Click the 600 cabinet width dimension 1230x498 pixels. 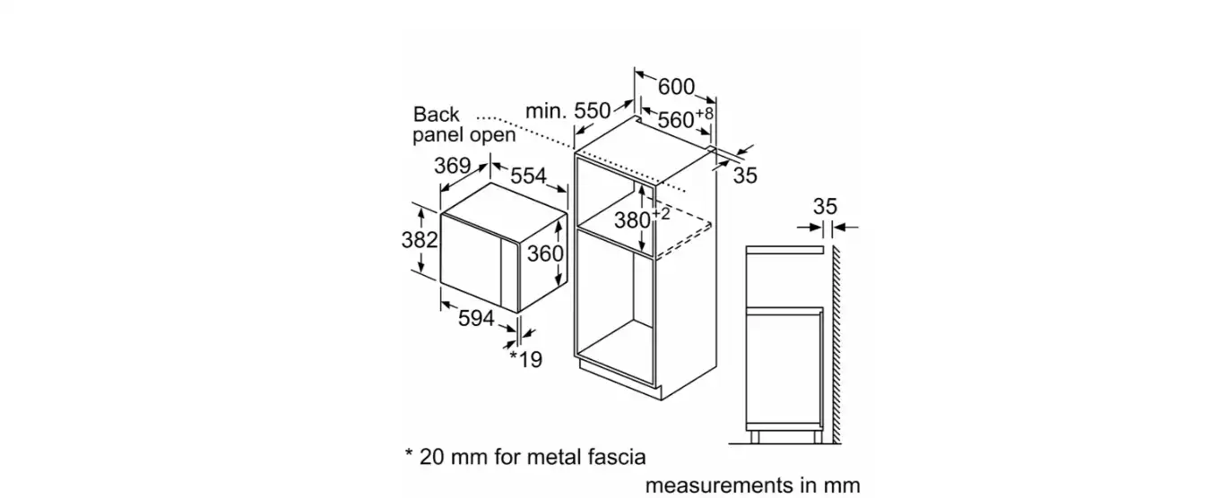tap(676, 87)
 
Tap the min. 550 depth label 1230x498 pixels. tap(567, 111)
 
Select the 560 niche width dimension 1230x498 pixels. tap(676, 119)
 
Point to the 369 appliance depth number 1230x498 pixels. tap(453, 165)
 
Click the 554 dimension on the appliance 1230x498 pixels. tap(528, 176)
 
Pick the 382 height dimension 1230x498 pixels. tap(420, 240)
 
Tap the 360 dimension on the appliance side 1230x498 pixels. tap(545, 253)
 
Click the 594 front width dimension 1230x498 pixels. tap(476, 318)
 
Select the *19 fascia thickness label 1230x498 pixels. tap(526, 359)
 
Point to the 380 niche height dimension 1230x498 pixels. tap(633, 220)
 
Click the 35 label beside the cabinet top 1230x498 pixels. tap(745, 176)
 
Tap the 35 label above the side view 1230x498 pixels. tap(825, 207)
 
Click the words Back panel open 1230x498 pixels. tap(464, 124)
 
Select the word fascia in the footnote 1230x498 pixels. tap(617, 457)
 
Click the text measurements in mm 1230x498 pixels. tap(753, 485)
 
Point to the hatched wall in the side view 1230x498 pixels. tap(836, 345)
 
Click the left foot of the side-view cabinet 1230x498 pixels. tap(755, 436)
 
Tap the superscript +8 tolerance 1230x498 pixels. tap(704, 114)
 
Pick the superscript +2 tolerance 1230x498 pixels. tap(661, 213)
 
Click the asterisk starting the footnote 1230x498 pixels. tap(409, 453)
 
